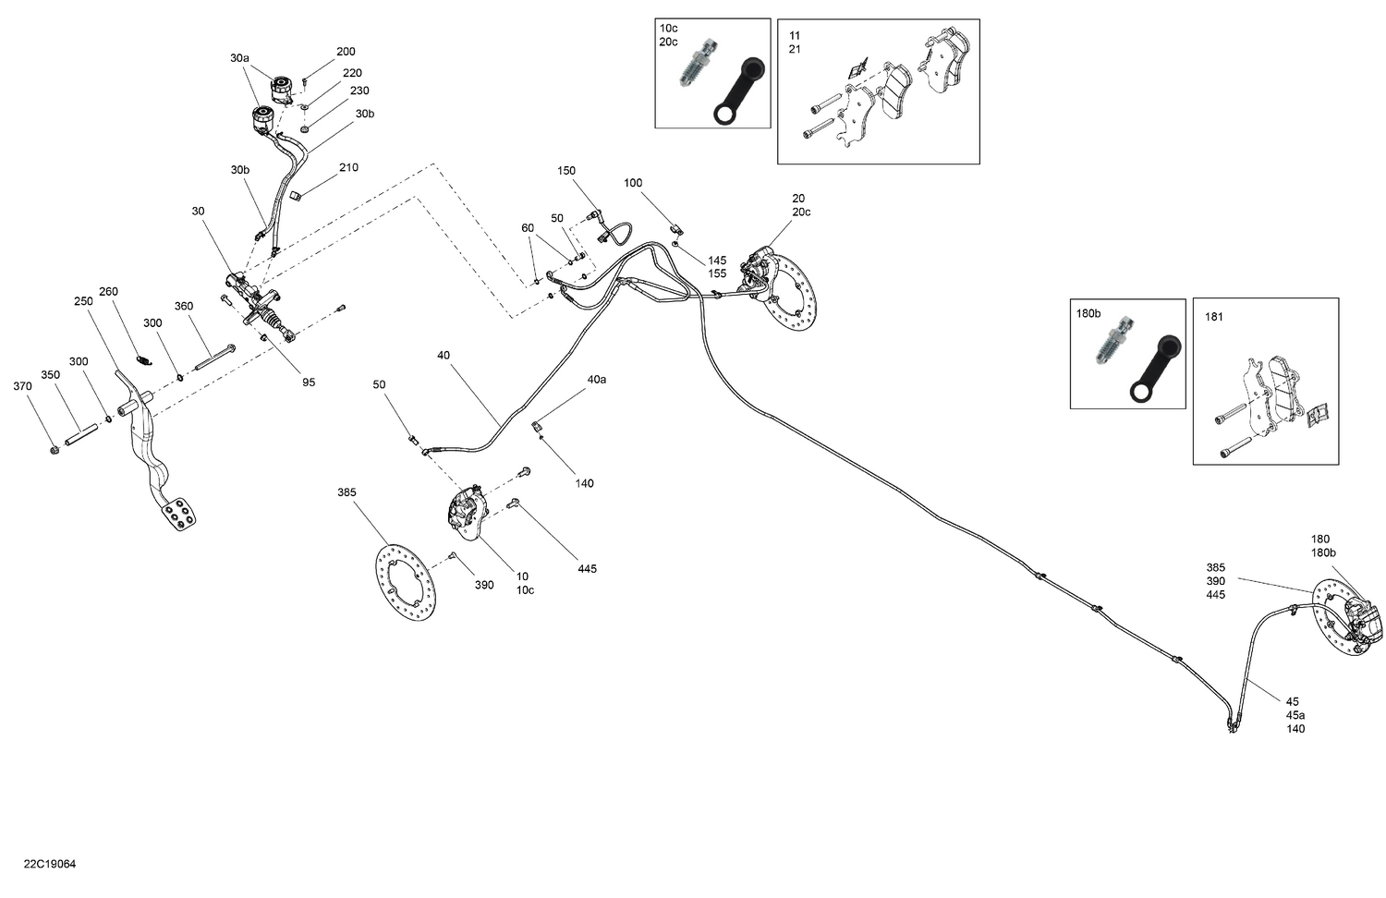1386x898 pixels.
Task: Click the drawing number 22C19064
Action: [x=51, y=865]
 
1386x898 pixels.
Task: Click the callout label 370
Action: [x=22, y=386]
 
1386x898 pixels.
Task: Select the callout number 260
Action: [x=108, y=292]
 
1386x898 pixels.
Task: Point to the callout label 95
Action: [x=309, y=382]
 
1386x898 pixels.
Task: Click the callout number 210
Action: [x=348, y=168]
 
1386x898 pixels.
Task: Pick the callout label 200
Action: [x=346, y=53]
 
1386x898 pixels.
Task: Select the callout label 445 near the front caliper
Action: [x=587, y=569]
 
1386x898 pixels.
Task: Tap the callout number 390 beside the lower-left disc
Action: [x=484, y=586]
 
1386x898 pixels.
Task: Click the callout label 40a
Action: [x=597, y=380]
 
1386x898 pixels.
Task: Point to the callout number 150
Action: [x=566, y=171]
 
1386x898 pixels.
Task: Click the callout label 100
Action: [x=633, y=183]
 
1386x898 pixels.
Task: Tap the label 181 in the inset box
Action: [x=1214, y=318]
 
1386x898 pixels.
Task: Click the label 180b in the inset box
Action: [x=1088, y=314]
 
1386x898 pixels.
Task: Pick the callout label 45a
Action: [x=1295, y=715]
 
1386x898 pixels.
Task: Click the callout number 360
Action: [x=184, y=307]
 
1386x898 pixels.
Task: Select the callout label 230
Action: [x=359, y=91]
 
